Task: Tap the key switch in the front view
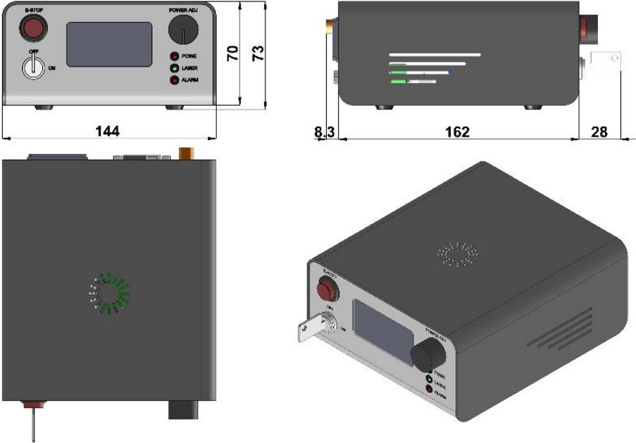[33, 67]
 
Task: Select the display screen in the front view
[109, 44]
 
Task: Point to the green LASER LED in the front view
[174, 68]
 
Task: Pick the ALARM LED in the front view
[174, 80]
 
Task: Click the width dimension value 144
[107, 131]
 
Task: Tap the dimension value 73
[259, 52]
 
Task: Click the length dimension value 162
[456, 131]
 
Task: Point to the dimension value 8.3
[323, 131]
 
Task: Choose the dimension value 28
[600, 131]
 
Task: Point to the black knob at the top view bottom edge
[181, 409]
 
